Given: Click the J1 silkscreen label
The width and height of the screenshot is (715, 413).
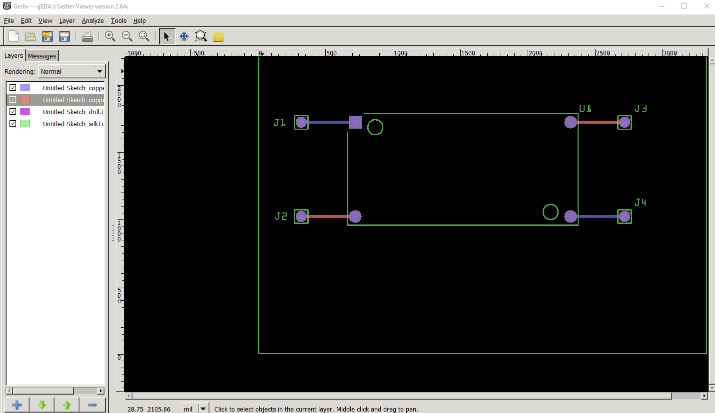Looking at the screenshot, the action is (x=280, y=123).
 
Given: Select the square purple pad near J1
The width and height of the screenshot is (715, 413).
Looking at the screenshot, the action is (x=355, y=122).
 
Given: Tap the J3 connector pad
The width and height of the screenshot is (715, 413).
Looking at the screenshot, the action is (x=625, y=122).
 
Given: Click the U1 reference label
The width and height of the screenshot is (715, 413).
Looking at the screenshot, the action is (x=585, y=108).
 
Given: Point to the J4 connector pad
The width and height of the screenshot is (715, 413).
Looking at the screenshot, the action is (x=625, y=216).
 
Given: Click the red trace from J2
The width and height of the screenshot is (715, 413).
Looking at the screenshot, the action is (x=328, y=216).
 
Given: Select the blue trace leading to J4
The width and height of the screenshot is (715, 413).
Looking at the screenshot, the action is (x=597, y=216).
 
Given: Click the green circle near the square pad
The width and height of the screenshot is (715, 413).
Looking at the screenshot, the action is (x=375, y=120).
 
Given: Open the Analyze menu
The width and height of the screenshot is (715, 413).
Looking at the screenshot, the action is (x=92, y=21).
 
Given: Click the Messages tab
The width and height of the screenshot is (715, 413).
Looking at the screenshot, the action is (x=42, y=56).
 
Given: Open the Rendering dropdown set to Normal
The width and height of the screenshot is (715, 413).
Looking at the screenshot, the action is (x=71, y=71).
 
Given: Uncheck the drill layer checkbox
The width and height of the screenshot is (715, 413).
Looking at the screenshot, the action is (x=13, y=112).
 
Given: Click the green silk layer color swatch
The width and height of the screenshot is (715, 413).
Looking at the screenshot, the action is (x=25, y=124).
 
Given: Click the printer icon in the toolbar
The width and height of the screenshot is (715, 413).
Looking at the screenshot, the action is (x=87, y=36).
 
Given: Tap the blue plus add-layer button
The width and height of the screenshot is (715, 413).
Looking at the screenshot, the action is (x=17, y=405).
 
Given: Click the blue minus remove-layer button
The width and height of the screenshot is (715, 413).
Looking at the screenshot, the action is (x=92, y=405).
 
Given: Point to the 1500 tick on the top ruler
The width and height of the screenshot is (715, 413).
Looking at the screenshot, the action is (x=460, y=53).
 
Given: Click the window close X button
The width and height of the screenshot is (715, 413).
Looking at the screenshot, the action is (x=707, y=6).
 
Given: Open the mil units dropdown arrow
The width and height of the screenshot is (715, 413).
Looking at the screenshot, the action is (x=203, y=409).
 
